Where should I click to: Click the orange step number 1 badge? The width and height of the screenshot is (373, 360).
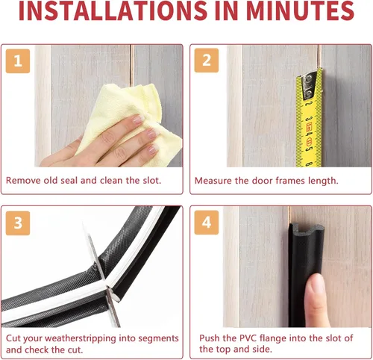[18, 61]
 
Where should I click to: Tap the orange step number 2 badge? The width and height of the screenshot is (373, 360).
[207, 60]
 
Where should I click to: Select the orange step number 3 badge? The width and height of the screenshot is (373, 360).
[18, 223]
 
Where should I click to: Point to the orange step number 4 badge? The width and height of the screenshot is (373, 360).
[207, 223]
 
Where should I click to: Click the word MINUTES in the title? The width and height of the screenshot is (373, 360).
[300, 10]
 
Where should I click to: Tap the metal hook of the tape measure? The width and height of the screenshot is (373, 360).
[309, 84]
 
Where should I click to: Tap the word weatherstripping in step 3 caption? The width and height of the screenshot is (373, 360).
[81, 338]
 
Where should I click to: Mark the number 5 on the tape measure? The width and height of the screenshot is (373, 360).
[309, 149]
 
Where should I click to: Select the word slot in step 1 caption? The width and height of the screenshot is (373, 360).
[151, 180]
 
